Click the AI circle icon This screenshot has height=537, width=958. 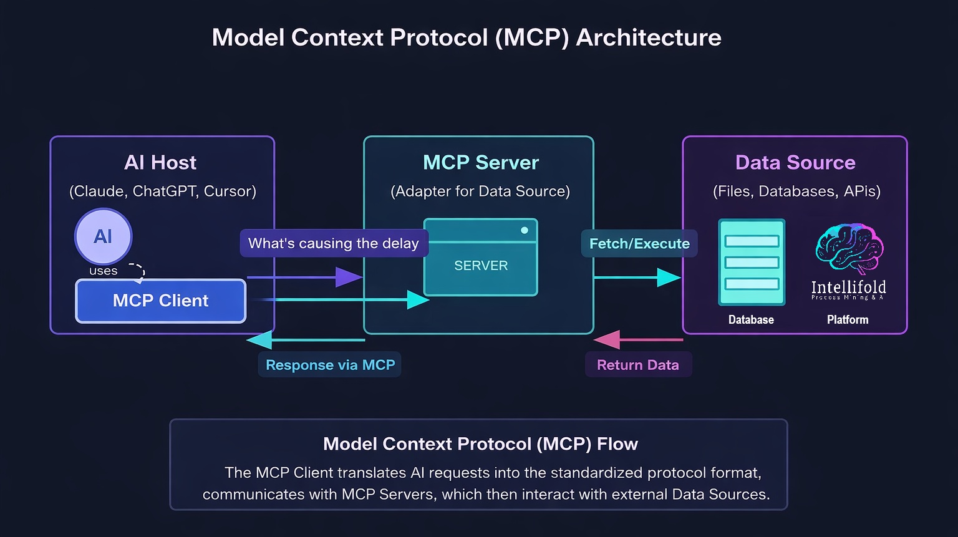pos(103,236)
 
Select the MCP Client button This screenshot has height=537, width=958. pos(161,301)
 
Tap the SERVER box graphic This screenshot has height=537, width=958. pos(480,257)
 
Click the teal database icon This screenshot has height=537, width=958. pos(752,262)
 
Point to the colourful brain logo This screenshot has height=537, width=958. pos(849,249)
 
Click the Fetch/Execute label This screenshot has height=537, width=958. pos(639,243)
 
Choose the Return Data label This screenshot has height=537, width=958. pos(637,365)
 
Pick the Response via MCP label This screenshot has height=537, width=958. pos(330,365)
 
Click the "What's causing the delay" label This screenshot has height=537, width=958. pos(334,243)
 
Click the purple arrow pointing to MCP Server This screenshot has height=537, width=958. pos(306,277)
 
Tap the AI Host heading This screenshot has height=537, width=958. pos(160,163)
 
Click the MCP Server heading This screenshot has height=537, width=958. pos(480,163)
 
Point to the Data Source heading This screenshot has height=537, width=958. pos(795,163)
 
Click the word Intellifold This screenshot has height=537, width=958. pos(848,287)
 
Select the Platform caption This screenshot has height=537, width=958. pos(848,320)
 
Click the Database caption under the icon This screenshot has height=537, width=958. pos(751,320)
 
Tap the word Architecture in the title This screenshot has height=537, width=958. pos(649,37)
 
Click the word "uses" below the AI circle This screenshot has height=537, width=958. pos(103,271)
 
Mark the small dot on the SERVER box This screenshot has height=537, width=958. pos(525,230)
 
